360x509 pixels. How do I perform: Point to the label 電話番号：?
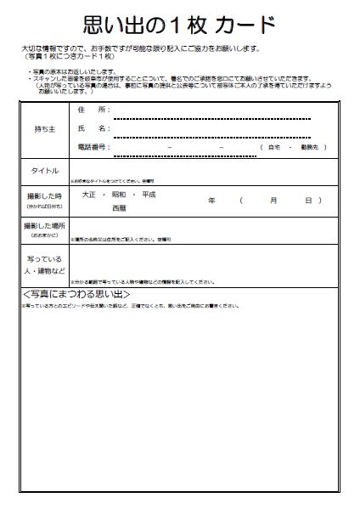pyautogui.click(x=93, y=146)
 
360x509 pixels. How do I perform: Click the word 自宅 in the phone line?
pyautogui.click(x=274, y=147)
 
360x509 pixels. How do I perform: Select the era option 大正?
pyautogui.click(x=89, y=195)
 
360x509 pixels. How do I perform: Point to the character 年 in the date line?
pyautogui.click(x=211, y=201)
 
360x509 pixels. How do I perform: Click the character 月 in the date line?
pyautogui.click(x=273, y=201)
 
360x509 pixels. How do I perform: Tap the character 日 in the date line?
pyautogui.click(x=307, y=201)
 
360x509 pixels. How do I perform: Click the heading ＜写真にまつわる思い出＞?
pyautogui.click(x=76, y=294)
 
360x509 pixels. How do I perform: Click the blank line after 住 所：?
pyautogui.click(x=211, y=116)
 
